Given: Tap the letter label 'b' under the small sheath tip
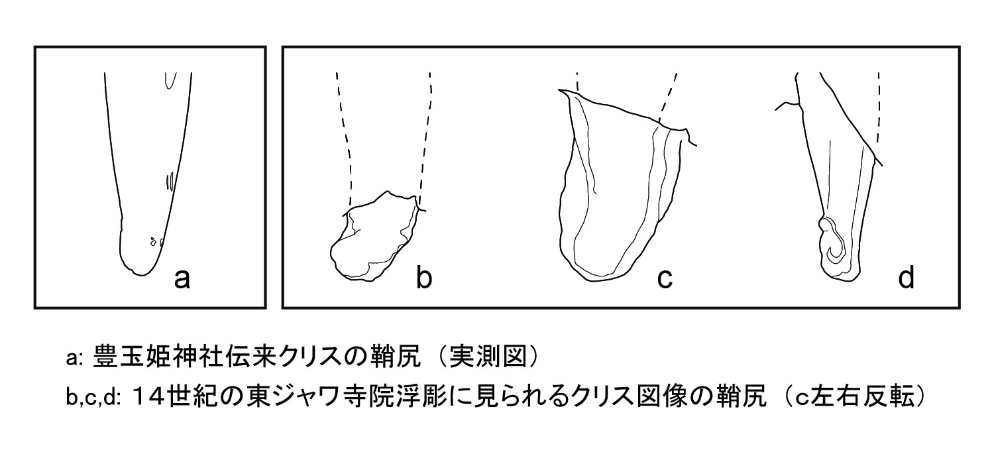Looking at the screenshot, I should coord(423,279).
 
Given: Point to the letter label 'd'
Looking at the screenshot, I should coord(905,279).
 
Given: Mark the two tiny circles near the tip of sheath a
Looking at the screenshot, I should coord(156,241).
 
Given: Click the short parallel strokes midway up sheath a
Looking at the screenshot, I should coord(171,181).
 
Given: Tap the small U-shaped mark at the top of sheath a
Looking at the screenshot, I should coord(170,80).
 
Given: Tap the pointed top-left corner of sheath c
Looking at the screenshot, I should coord(562,91).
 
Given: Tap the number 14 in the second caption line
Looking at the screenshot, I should coord(153,398).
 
